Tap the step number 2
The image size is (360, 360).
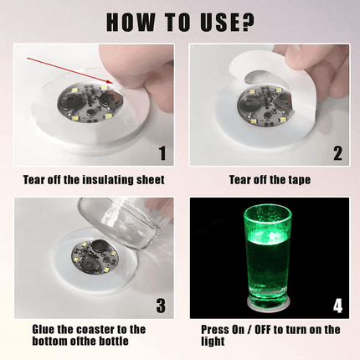click(x=336, y=152)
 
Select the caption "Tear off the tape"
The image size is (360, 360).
click(x=269, y=179)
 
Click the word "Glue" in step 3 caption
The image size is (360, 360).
click(x=47, y=330)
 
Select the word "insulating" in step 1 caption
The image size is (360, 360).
click(x=104, y=179)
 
